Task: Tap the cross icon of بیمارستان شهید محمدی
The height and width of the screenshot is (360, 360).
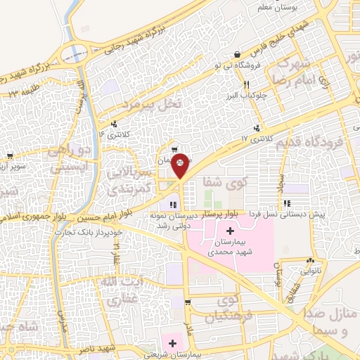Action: [231, 231]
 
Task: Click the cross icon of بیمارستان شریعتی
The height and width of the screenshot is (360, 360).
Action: [172, 342]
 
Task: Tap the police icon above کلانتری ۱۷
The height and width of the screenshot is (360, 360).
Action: [257, 128]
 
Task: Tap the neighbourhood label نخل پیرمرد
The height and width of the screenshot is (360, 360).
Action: [152, 105]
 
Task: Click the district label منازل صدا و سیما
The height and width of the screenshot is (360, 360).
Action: [331, 320]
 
